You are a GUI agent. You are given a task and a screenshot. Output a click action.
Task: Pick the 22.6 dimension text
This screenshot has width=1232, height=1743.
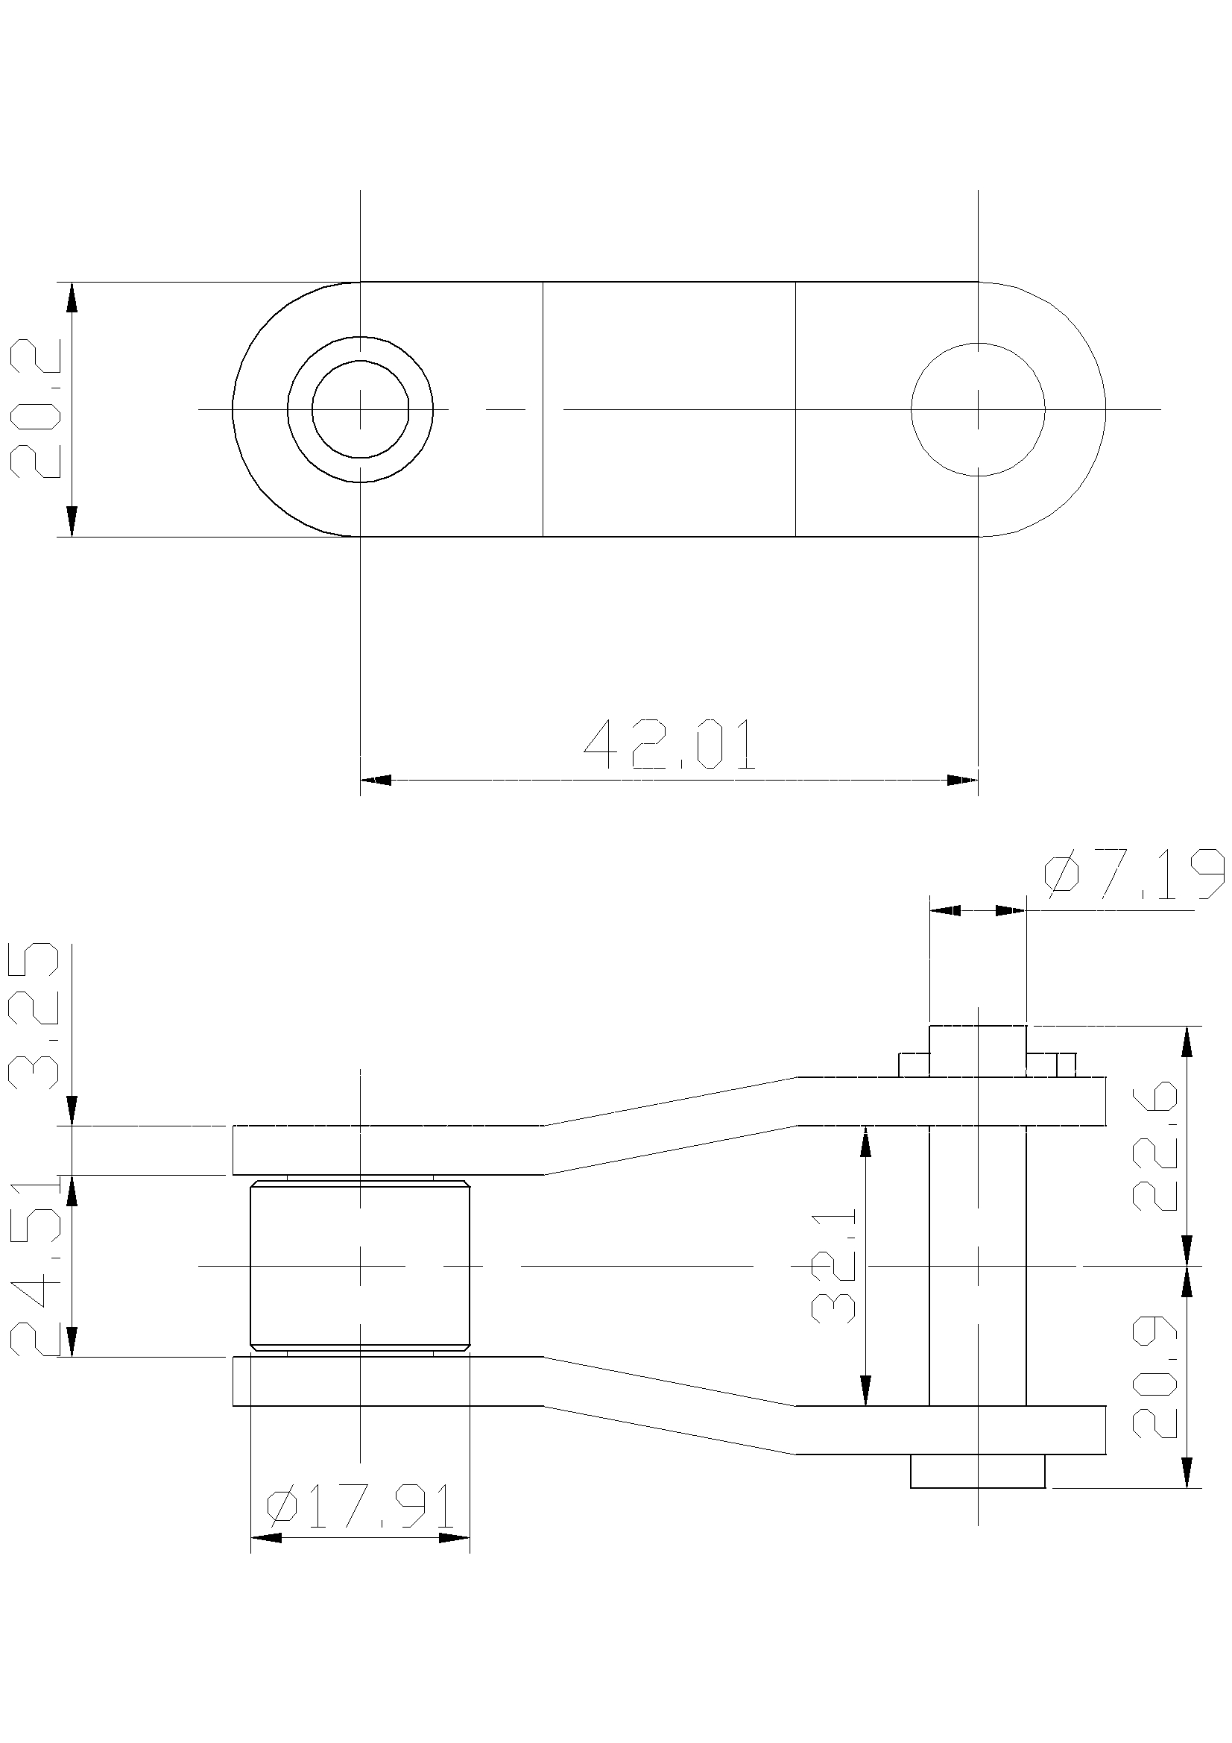pos(1154,1148)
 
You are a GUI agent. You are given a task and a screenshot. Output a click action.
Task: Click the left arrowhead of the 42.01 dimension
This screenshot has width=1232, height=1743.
pos(376,780)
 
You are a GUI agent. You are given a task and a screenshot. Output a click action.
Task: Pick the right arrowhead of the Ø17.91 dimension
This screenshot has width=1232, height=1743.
pos(455,1538)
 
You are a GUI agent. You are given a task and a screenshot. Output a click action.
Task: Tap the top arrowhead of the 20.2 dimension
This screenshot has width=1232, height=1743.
pos(72,297)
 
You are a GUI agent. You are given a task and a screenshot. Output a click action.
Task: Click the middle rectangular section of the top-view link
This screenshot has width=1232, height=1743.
pos(669,409)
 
